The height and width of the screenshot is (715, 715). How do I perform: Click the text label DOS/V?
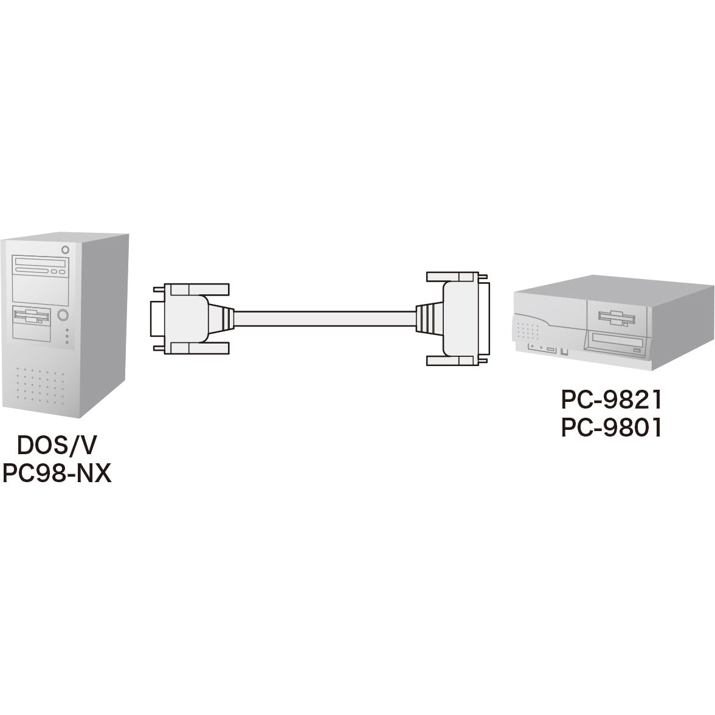point(57,446)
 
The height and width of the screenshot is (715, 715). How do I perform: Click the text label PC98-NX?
point(57,473)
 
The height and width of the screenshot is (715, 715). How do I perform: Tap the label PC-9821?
point(612,400)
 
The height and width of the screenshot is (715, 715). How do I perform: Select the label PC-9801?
point(612,428)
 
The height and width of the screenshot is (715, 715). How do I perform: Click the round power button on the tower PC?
point(63,315)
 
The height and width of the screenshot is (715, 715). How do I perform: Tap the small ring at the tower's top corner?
point(65,249)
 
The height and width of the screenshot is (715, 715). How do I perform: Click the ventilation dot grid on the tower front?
point(40,385)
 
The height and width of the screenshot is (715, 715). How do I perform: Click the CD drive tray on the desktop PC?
point(616,344)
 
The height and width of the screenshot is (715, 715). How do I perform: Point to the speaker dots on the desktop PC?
point(528,331)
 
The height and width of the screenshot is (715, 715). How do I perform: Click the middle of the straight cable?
point(325,319)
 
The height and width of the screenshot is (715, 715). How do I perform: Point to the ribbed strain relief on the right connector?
point(429,319)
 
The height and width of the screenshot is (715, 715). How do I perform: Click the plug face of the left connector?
point(157,319)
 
